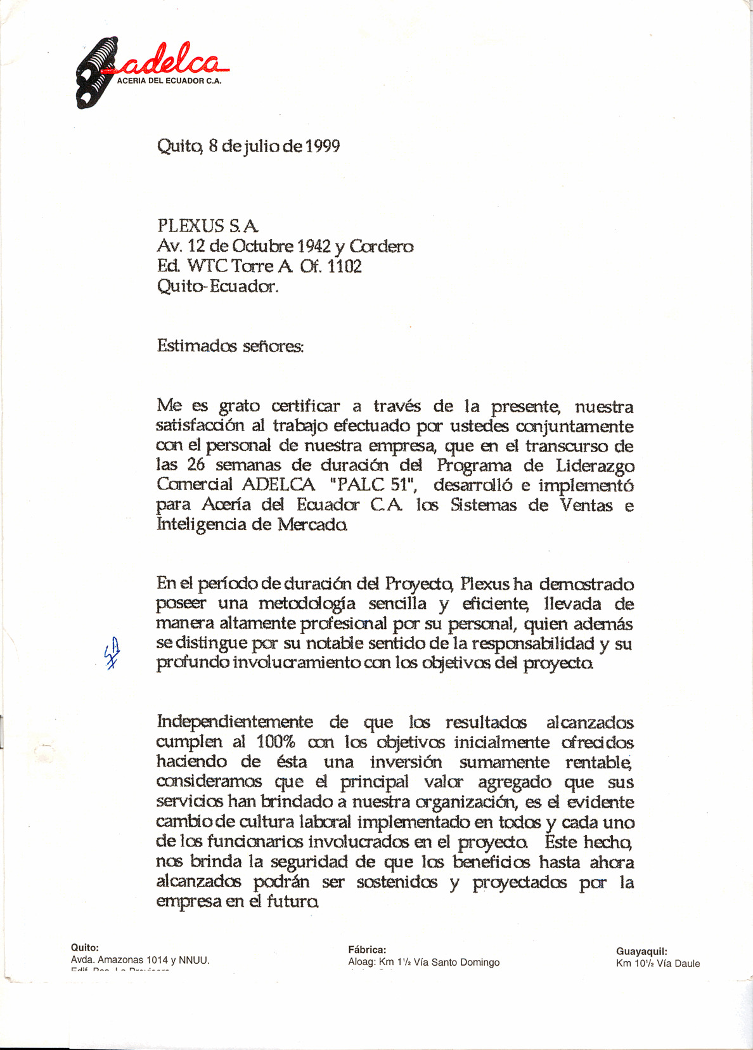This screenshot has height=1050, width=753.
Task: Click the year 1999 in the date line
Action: (323, 146)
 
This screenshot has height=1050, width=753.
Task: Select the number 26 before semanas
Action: (196, 465)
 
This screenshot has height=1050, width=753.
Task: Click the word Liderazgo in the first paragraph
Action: (595, 465)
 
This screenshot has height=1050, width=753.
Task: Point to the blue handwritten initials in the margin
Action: (112, 654)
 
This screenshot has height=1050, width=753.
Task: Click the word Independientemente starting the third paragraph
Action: (235, 722)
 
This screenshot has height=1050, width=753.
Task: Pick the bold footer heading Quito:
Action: (85, 948)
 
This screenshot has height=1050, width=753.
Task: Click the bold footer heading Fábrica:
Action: (367, 950)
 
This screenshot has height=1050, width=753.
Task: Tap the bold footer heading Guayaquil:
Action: (641, 951)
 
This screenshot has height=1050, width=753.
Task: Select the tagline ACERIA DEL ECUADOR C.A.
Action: (169, 81)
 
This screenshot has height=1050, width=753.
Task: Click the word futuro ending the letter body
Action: (292, 901)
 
